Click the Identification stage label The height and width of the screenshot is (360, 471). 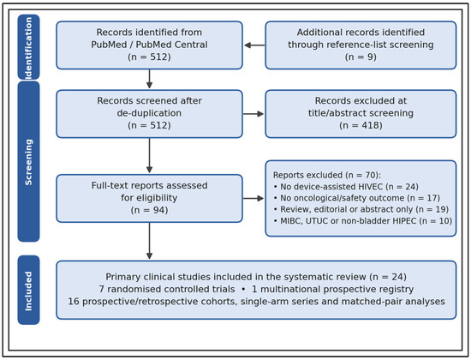click(28, 47)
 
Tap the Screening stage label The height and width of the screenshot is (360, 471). click(28, 161)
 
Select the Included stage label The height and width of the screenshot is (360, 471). click(28, 290)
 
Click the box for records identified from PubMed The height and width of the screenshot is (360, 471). click(149, 45)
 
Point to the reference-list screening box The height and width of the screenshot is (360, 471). click(361, 45)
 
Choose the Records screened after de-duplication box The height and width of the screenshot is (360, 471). click(149, 114)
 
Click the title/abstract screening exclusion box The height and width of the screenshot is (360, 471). click(361, 114)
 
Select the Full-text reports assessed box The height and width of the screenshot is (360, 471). click(149, 198)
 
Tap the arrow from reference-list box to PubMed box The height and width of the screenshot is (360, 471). click(254, 45)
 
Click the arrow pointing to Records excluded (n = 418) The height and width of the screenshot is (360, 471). click(253, 114)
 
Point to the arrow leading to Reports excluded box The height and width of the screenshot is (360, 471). click(253, 198)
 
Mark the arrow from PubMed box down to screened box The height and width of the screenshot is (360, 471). click(149, 79)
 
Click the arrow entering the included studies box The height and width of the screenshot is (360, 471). click(149, 241)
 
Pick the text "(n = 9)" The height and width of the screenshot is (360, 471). click(361, 57)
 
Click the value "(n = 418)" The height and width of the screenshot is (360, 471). click(361, 125)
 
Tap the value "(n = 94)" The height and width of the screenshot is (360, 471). click(149, 210)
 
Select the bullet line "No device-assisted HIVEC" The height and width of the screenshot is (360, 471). click(346, 187)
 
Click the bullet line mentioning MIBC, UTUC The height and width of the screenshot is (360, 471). click(363, 221)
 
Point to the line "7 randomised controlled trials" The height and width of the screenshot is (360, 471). click(167, 290)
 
